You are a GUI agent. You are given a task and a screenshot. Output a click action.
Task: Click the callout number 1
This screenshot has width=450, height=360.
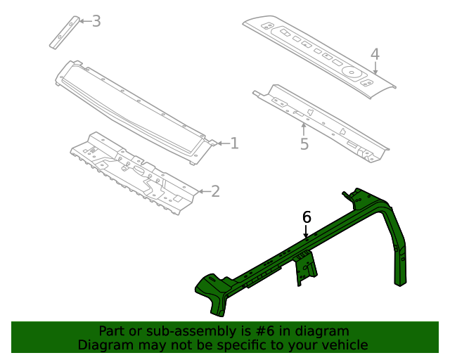point(234,143)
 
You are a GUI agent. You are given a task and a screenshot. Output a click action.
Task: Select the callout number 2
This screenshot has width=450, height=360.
point(215,191)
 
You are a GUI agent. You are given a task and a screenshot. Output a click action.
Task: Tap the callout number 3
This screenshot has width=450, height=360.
point(96,21)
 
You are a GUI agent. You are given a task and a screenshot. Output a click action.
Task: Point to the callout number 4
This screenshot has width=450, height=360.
point(375,54)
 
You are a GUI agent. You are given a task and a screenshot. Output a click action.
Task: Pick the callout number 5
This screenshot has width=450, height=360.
point(304,144)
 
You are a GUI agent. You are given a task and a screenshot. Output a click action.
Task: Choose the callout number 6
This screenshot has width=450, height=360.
point(307,217)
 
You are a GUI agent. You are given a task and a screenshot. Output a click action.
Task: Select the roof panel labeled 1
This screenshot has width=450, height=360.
point(134,109)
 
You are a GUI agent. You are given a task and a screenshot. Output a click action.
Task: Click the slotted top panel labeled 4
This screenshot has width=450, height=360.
point(316,53)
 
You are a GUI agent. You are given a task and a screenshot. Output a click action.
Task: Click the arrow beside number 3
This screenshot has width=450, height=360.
point(83,21)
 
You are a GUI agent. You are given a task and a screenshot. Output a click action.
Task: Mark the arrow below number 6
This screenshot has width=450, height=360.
point(307,231)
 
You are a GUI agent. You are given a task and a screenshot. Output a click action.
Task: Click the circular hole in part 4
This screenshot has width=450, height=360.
point(350,71)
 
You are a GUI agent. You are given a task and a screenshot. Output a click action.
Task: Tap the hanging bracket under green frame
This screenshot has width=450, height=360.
point(306,269)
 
